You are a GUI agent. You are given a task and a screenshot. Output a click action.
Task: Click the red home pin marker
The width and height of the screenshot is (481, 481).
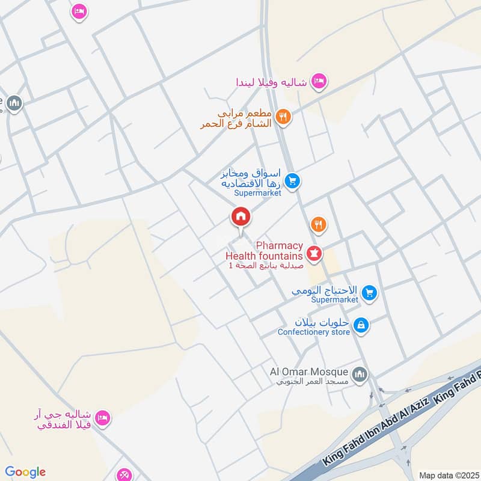click(x=240, y=217)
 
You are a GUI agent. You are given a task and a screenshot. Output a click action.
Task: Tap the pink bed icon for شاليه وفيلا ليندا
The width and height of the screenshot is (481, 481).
click(x=319, y=81)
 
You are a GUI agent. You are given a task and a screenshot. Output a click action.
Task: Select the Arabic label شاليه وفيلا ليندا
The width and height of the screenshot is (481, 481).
click(x=272, y=81)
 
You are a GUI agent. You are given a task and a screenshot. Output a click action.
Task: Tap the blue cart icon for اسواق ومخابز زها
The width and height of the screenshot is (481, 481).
click(x=292, y=180)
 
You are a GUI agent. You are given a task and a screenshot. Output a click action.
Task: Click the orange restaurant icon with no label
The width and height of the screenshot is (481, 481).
click(x=319, y=225)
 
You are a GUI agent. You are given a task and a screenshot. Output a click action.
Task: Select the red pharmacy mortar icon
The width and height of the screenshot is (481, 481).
click(x=313, y=252)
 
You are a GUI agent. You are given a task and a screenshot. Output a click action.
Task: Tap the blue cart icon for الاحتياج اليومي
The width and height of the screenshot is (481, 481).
click(x=370, y=293)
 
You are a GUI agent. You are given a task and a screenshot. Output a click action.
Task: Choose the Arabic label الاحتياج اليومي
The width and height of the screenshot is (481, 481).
click(x=326, y=289)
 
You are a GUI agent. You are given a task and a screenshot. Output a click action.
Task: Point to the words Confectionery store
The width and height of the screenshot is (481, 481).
click(x=313, y=332)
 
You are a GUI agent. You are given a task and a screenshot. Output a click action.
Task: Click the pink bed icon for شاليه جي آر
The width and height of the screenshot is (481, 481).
click(x=103, y=418)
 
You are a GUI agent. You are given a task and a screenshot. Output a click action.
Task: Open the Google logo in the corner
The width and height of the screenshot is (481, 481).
click(x=25, y=471)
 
